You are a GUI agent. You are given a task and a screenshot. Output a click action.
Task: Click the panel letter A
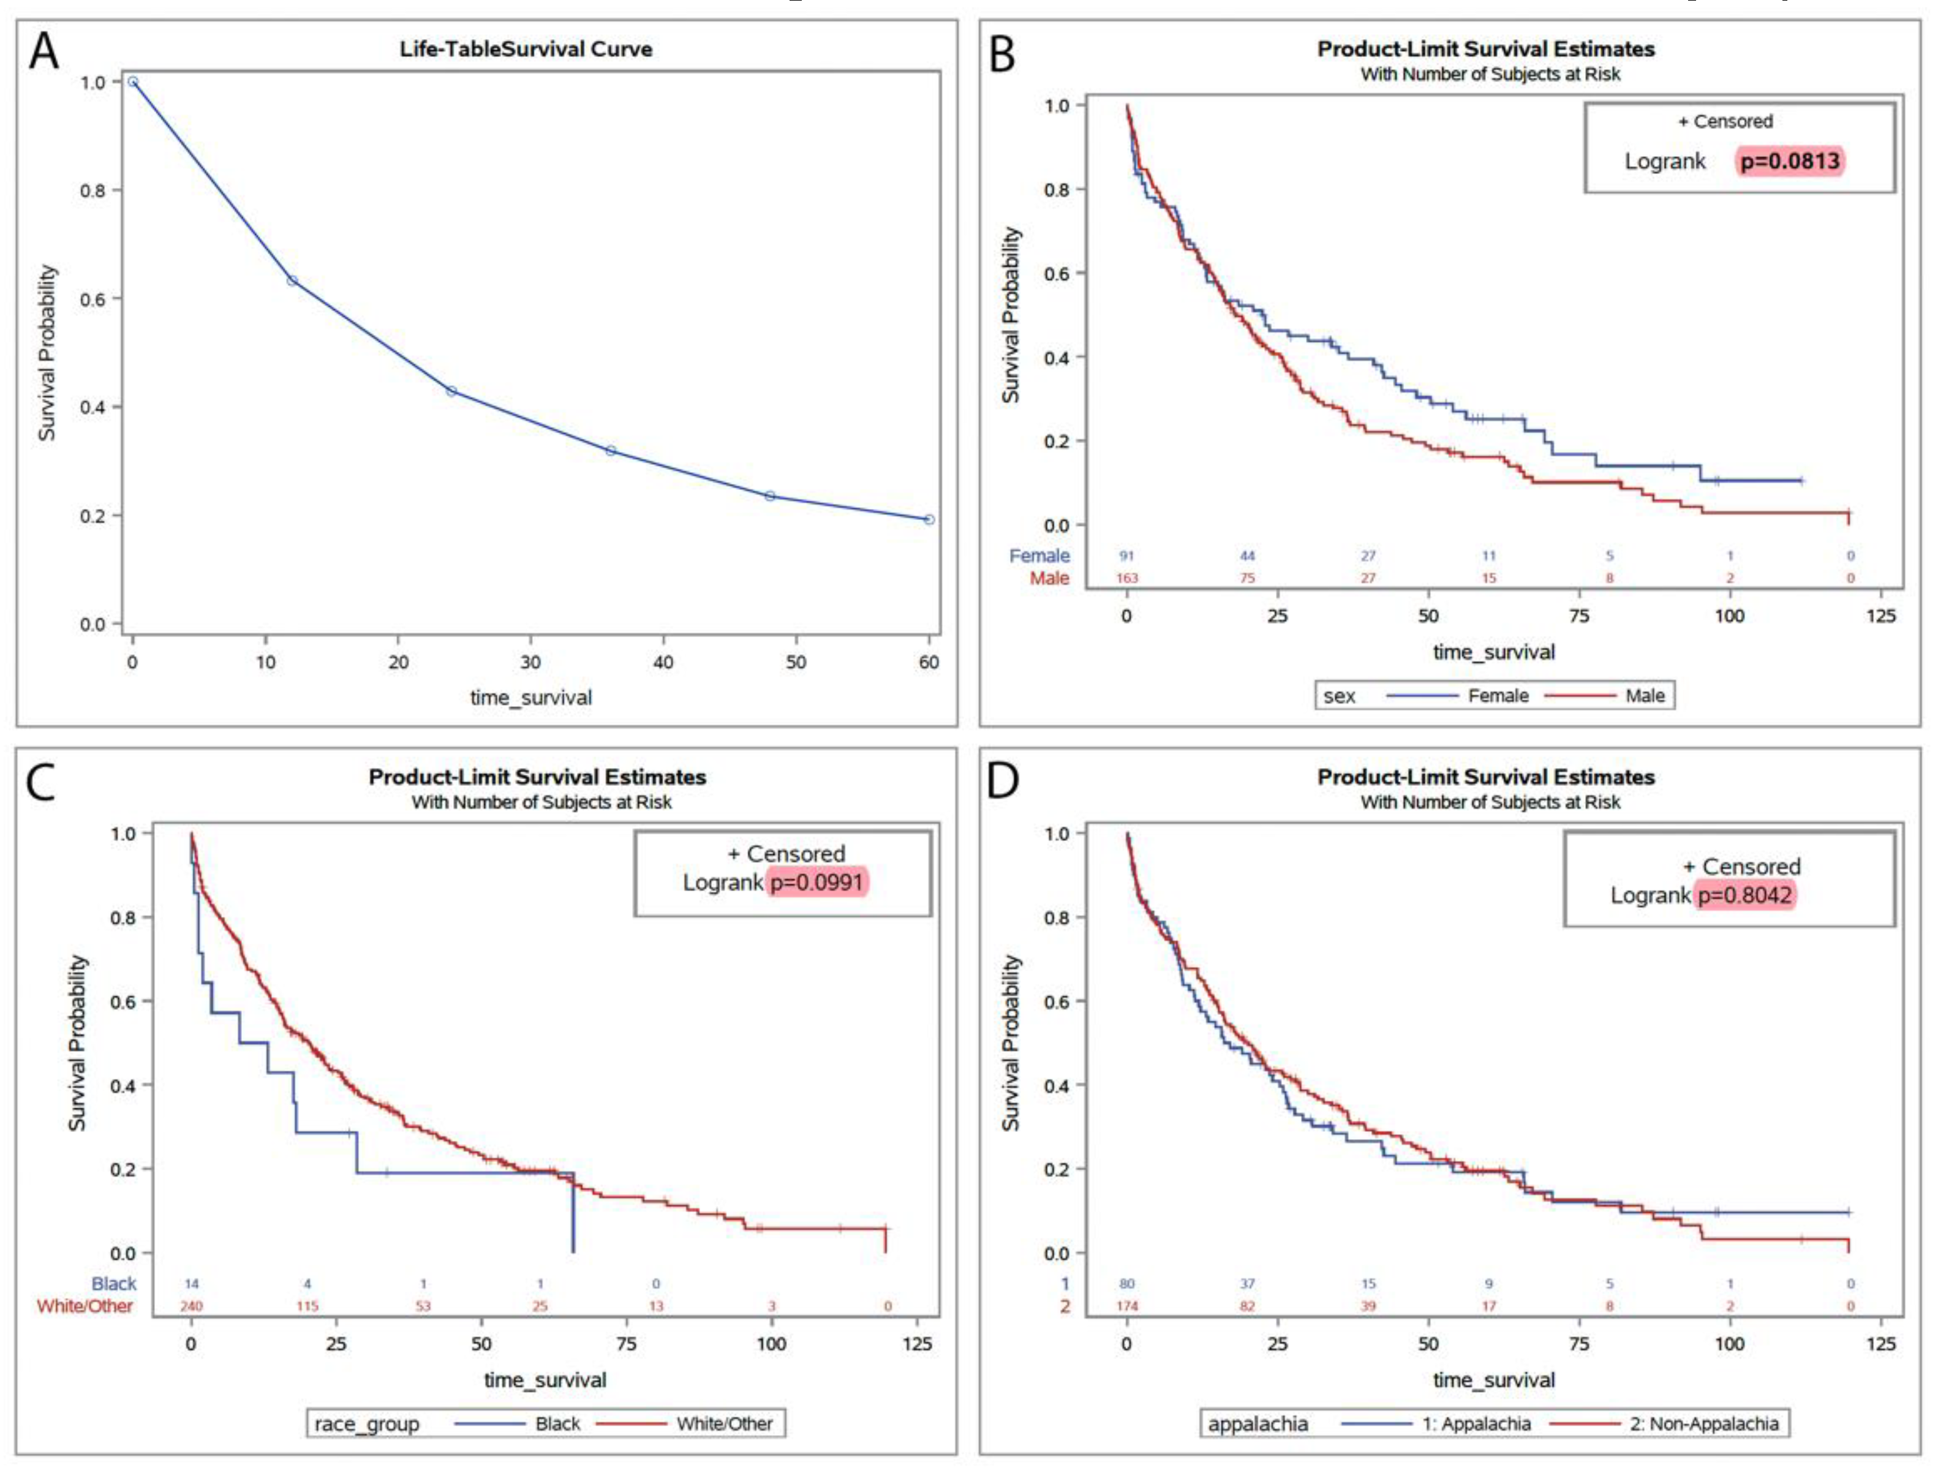(x=44, y=51)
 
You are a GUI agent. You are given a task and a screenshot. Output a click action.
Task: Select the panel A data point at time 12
(x=292, y=281)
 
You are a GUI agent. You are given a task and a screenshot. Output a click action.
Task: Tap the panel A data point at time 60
(x=929, y=519)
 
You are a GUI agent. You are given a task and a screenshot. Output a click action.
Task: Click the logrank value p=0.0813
(x=1789, y=161)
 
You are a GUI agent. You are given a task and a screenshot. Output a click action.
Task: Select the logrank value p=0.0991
(x=816, y=882)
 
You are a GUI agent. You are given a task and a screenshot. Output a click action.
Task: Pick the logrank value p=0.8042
(x=1744, y=895)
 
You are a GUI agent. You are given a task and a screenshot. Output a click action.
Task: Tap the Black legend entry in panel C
(x=557, y=1423)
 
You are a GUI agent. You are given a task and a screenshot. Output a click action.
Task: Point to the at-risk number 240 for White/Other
(x=191, y=1306)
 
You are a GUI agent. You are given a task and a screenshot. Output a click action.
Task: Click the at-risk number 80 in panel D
(x=1126, y=1284)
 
